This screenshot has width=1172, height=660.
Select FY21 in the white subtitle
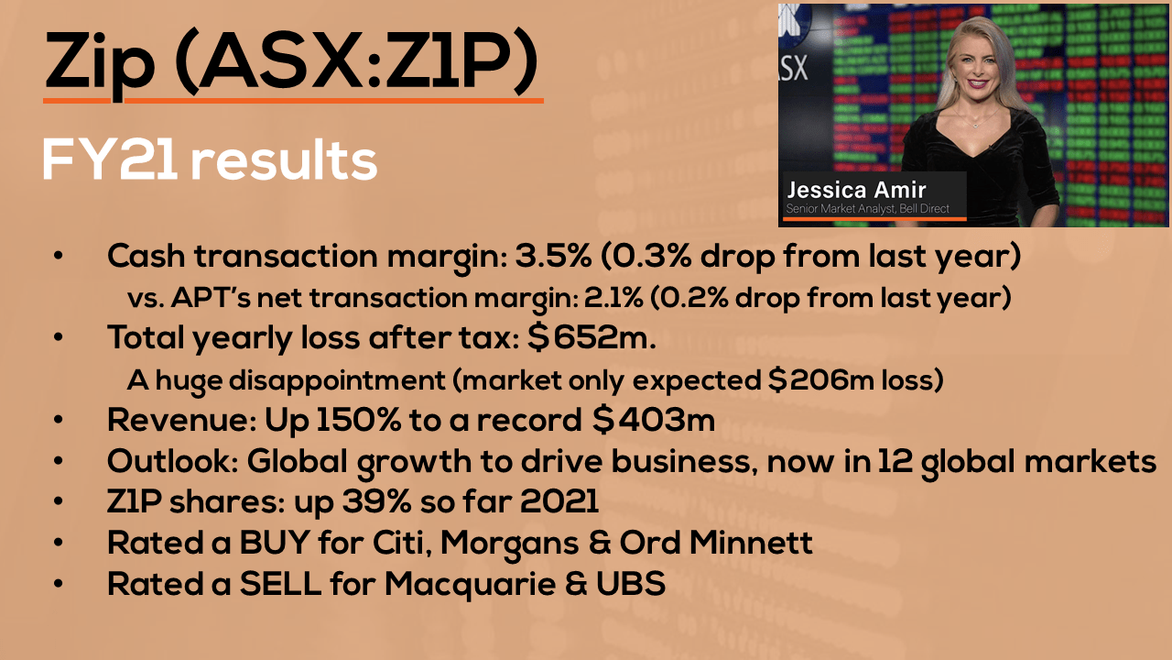click(109, 159)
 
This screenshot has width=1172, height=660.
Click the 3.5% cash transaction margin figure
click(554, 256)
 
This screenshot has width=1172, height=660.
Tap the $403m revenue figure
click(654, 420)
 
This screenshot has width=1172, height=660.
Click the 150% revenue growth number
click(358, 420)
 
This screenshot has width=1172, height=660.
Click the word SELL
click(280, 583)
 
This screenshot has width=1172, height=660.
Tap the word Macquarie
click(470, 584)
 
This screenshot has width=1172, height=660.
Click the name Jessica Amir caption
click(856, 190)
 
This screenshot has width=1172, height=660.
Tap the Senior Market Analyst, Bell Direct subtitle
click(867, 208)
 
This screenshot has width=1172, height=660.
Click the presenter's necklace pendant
click(976, 125)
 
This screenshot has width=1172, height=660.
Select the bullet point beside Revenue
click(58, 420)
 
